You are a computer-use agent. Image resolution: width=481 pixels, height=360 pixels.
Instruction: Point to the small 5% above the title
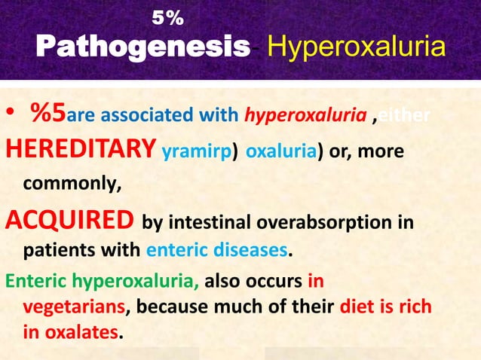[x=166, y=16]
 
